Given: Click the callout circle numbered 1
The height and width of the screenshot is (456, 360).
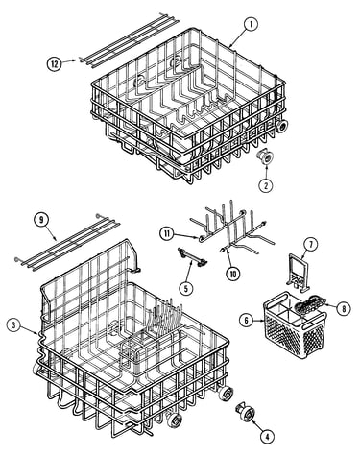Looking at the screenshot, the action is [252, 24].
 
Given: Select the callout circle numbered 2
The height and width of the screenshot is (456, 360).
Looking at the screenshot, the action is [265, 185].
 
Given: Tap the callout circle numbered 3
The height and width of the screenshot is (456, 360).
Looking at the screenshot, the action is [13, 325].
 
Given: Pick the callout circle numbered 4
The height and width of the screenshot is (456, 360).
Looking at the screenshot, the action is [267, 436].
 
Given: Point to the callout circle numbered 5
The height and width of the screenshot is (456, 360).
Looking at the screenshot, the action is [186, 288].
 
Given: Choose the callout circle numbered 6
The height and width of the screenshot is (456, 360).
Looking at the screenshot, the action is [247, 321].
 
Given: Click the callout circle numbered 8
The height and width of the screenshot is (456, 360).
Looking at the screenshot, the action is [344, 308].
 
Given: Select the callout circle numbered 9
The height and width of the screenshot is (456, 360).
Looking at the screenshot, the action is [41, 220].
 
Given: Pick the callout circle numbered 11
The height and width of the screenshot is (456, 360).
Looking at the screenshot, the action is [167, 233].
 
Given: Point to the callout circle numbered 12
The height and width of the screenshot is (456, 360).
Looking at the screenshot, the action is [55, 64].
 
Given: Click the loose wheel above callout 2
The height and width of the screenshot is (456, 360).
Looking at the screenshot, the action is [266, 157].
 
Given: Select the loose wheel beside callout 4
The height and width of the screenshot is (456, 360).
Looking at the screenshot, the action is [246, 413].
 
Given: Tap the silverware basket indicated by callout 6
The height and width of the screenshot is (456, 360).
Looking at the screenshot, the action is [294, 324].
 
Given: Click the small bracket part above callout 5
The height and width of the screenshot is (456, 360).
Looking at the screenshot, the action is [193, 257].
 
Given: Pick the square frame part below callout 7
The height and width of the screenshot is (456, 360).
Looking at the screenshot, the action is [300, 273].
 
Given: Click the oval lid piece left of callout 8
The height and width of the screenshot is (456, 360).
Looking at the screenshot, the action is [310, 305].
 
